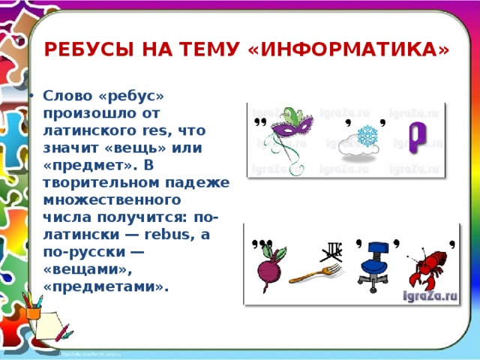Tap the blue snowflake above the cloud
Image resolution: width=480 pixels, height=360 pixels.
(366, 136)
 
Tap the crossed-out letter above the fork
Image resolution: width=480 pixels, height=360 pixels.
(331, 251)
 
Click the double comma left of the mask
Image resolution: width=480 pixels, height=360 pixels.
(261, 121)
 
